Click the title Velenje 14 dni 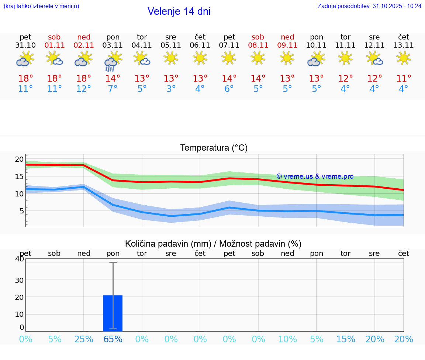pyautogui.click(x=179, y=11)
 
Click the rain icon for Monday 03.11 pyautogui.click(x=112, y=61)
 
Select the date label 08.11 pyautogui.click(x=258, y=45)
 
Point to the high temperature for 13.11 pyautogui.click(x=404, y=79)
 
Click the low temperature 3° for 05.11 pyautogui.click(x=171, y=89)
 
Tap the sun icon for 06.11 pyautogui.click(x=200, y=58)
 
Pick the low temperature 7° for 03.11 pyautogui.click(x=113, y=89)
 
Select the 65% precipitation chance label pyautogui.click(x=113, y=339)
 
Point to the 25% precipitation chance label pyautogui.click(x=84, y=339)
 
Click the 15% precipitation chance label pyautogui.click(x=346, y=339)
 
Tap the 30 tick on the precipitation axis pyautogui.click(x=19, y=280)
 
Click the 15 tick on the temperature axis pyautogui.click(x=19, y=176)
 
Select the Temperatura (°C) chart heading pyautogui.click(x=214, y=148)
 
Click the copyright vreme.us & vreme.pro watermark pyautogui.click(x=315, y=176)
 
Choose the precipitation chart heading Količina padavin pyautogui.click(x=213, y=244)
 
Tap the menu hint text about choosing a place pyautogui.click(x=41, y=6)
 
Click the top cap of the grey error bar pyautogui.click(x=113, y=263)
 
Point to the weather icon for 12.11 pyautogui.click(x=374, y=58)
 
